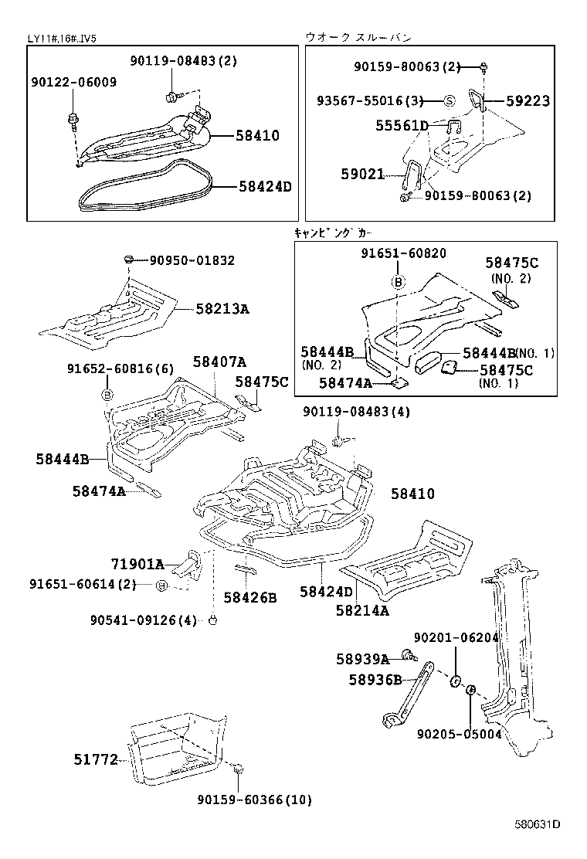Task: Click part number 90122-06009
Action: tap(74, 82)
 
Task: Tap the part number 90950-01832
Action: tap(192, 261)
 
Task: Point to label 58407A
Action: tap(219, 361)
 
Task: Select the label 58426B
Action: tap(249, 597)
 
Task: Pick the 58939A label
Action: tap(362, 659)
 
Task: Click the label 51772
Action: tap(95, 760)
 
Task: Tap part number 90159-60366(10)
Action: tap(254, 800)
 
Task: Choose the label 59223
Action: tap(528, 101)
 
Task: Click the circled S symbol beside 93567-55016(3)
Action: tap(448, 101)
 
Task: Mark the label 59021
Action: tap(362, 175)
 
